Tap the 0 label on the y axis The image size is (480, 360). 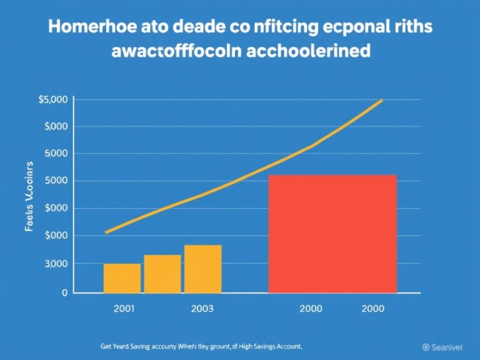tap(64, 292)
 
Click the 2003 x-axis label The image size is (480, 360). tap(202, 308)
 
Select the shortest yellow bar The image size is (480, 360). tap(122, 278)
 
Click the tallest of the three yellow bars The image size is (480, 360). tap(202, 269)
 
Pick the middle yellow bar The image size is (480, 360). tap(162, 274)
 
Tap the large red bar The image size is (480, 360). tap(332, 234)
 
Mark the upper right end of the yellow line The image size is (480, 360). tap(381, 101)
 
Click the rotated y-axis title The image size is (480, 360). tap(29, 197)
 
